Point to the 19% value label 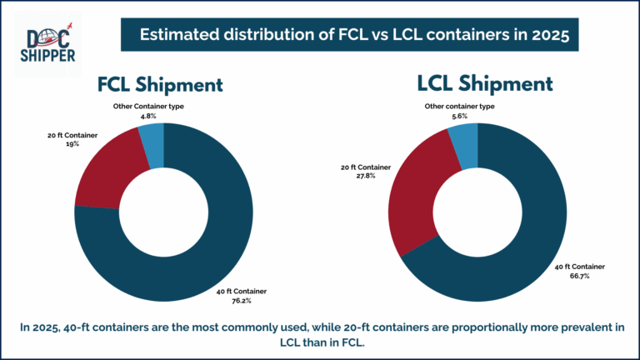click(x=70, y=143)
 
